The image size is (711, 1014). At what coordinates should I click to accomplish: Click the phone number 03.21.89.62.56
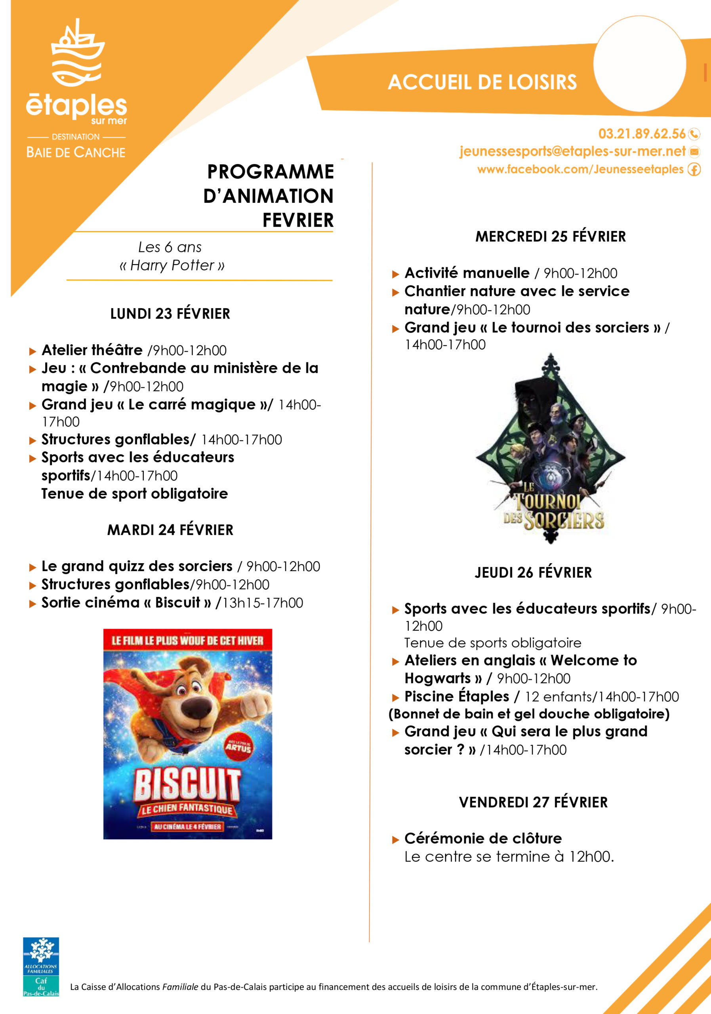pyautogui.click(x=642, y=133)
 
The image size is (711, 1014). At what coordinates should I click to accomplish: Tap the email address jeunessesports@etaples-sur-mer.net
pyautogui.click(x=572, y=151)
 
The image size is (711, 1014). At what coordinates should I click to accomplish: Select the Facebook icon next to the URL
pyautogui.click(x=694, y=169)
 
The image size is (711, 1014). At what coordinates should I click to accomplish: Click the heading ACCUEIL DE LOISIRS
pyautogui.click(x=482, y=82)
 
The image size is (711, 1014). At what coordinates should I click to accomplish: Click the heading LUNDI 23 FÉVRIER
pyautogui.click(x=170, y=314)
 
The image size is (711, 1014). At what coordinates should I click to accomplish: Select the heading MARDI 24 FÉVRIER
pyautogui.click(x=170, y=530)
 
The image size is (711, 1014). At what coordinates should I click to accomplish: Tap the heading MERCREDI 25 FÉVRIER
pyautogui.click(x=550, y=236)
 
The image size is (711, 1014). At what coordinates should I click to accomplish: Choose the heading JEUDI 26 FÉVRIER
pyautogui.click(x=533, y=572)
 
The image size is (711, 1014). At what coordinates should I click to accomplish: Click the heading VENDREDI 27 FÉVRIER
pyautogui.click(x=533, y=802)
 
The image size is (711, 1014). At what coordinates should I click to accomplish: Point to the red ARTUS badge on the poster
pyautogui.click(x=238, y=747)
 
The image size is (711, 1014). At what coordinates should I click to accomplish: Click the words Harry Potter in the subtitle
pyautogui.click(x=172, y=265)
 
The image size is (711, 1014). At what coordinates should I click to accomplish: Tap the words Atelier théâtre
pyautogui.click(x=92, y=350)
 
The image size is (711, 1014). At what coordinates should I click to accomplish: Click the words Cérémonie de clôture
pyautogui.click(x=483, y=838)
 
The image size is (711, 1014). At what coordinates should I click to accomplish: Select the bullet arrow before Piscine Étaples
pyautogui.click(x=395, y=698)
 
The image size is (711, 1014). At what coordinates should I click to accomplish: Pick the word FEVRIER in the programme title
pyautogui.click(x=298, y=220)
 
